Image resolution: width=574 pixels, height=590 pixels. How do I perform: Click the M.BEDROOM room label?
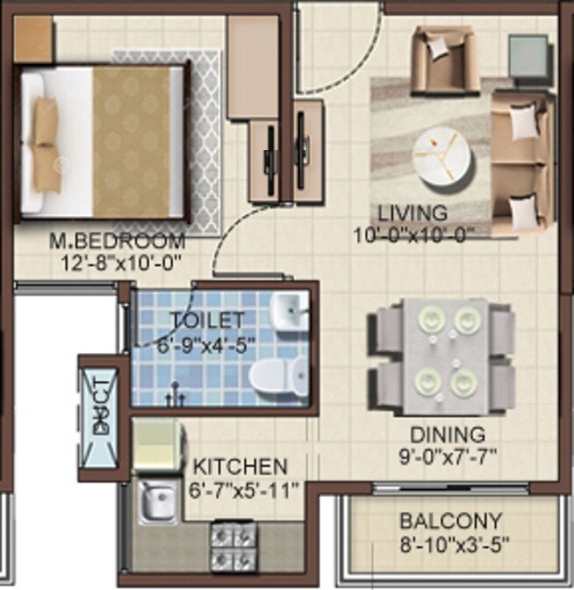[x=118, y=241]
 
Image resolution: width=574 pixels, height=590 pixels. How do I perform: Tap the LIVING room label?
[x=413, y=213]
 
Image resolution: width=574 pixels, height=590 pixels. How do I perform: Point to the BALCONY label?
[x=451, y=521]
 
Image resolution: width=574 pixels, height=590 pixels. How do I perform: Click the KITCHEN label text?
[x=240, y=466]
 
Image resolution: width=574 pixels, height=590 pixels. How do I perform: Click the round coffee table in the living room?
[x=441, y=156]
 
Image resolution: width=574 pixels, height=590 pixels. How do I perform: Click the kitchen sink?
[x=159, y=502]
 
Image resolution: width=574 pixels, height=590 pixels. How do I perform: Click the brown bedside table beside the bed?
[x=33, y=39]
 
